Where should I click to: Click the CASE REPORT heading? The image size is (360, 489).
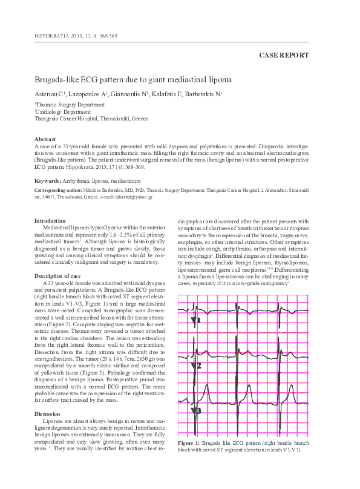(284, 55)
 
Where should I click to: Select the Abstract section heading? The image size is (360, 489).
(45, 139)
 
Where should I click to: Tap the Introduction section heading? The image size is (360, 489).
(50, 221)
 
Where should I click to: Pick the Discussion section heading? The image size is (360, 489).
(48, 414)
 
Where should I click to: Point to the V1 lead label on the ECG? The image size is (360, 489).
(196, 319)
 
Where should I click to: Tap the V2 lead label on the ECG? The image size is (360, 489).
(197, 366)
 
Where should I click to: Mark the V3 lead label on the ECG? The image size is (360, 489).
(197, 411)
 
